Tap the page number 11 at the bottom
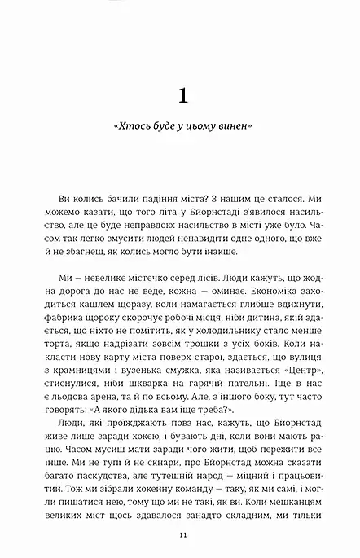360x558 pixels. tap(180, 534)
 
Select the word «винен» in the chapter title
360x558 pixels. tap(232, 130)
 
